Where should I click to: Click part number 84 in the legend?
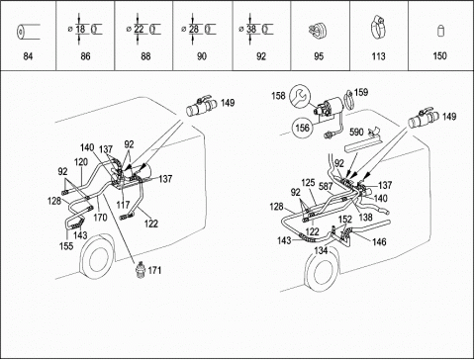click(x=28, y=56)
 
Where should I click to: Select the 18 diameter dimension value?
click(x=80, y=29)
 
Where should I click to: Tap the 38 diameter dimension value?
click(x=251, y=29)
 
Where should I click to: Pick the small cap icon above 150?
click(x=441, y=30)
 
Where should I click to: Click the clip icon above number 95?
click(x=317, y=31)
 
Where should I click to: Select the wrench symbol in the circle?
click(x=300, y=95)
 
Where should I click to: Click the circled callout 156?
click(x=303, y=128)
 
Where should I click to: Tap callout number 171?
click(x=154, y=270)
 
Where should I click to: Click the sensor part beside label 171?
click(x=141, y=269)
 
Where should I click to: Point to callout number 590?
click(x=356, y=133)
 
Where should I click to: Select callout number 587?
click(x=326, y=186)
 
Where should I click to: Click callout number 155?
click(x=66, y=246)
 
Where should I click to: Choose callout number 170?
click(x=100, y=218)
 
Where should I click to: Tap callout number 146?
click(x=379, y=242)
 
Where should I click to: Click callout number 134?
click(x=321, y=251)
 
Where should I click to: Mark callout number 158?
click(x=278, y=96)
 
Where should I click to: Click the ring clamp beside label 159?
click(x=348, y=99)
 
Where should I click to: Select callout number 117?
click(x=123, y=205)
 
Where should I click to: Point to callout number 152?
click(x=345, y=220)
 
